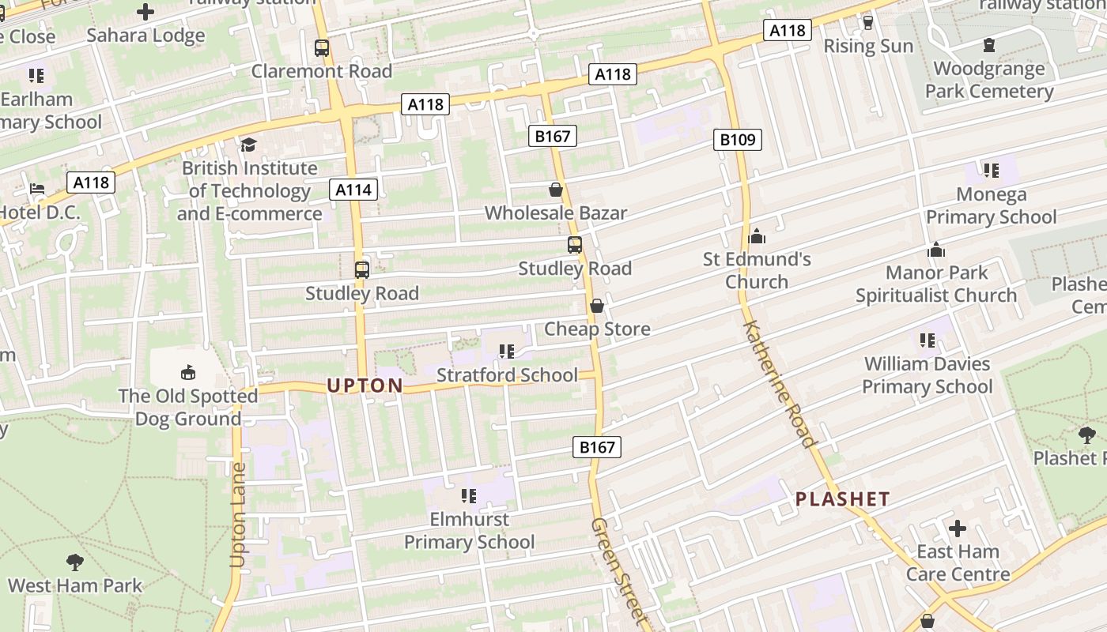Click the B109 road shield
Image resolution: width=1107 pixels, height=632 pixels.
point(738,140)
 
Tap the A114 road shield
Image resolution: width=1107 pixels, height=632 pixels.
point(353,189)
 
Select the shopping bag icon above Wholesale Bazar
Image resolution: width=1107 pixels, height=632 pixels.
point(556,190)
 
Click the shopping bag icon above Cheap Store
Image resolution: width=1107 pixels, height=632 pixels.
point(597,306)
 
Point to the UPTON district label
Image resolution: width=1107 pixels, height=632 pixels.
point(365,386)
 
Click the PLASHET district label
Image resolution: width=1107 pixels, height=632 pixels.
point(842,499)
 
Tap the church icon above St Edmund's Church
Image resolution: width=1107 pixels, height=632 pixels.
point(757,236)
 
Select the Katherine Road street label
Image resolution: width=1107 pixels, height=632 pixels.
point(779,384)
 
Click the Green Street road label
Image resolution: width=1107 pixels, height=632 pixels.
point(619,573)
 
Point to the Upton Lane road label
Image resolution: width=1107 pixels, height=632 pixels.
point(237,515)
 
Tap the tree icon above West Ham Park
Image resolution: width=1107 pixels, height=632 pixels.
point(75,562)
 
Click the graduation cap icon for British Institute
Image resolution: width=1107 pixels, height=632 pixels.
point(249,145)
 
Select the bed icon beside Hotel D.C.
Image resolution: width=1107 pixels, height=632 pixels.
point(37,189)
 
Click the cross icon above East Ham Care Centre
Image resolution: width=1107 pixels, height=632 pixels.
point(958,528)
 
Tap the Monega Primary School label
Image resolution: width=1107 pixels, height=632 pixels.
point(991,205)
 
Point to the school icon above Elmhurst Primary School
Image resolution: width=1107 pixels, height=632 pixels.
point(469,496)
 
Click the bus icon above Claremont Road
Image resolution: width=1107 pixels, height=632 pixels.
point(322,47)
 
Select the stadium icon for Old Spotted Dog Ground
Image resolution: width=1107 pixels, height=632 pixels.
point(188,372)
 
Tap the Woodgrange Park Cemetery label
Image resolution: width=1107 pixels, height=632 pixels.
point(989,80)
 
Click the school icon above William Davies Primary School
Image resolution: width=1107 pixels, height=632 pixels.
point(928,340)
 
